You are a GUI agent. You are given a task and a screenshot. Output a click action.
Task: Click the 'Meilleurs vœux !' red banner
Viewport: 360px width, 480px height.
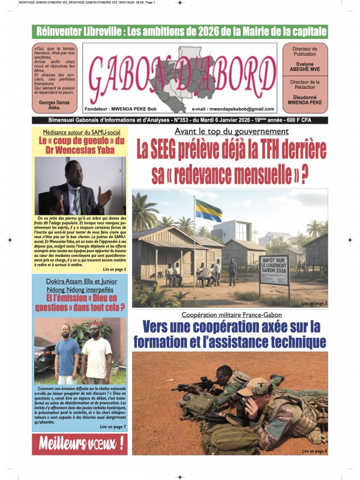tap(81, 443)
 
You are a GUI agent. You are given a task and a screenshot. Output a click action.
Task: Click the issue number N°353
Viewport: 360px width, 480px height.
tap(195, 120)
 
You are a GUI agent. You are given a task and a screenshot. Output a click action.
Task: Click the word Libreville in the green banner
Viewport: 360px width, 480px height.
tap(108, 31)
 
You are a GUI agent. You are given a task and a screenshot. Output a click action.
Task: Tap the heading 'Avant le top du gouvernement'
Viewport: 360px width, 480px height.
tap(231, 131)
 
